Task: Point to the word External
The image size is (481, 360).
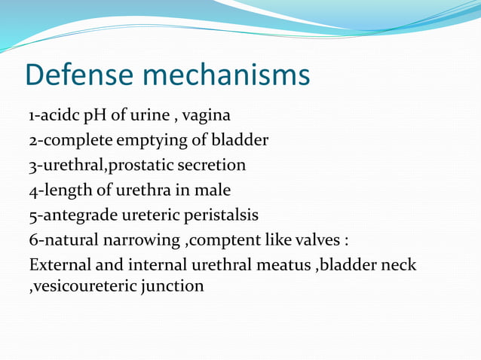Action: pyautogui.click(x=59, y=265)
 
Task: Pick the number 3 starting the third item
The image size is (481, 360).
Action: pyautogui.click(x=33, y=166)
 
